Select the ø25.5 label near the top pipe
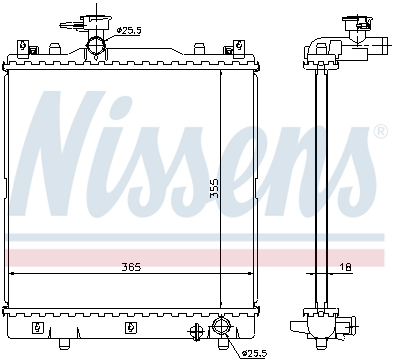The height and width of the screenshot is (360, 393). coord(128,31)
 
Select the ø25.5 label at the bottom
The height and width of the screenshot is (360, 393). coord(255,351)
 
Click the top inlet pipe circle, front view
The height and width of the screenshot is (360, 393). coord(97,45)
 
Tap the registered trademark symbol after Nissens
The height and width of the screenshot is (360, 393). coord(380,132)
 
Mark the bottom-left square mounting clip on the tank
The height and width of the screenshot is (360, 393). coord(37,326)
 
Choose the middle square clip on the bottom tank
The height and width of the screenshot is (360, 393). coord(131,326)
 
